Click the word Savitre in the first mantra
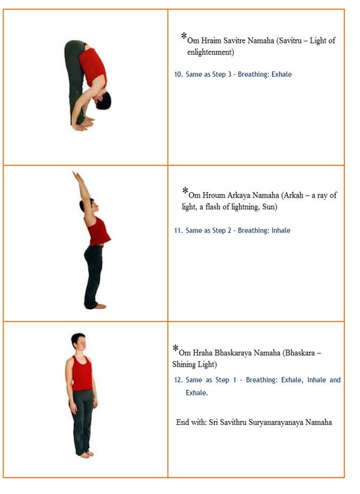point(234,41)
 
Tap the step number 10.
point(178,74)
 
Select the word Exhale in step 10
point(281,74)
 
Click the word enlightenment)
point(210,52)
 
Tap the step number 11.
point(178,231)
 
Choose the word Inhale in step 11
point(281,231)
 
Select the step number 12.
point(178,380)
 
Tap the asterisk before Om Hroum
point(185,191)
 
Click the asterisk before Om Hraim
point(184,36)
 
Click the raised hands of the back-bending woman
point(76,175)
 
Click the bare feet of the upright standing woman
point(86,454)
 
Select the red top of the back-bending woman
point(98,231)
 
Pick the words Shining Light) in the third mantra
point(195,364)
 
